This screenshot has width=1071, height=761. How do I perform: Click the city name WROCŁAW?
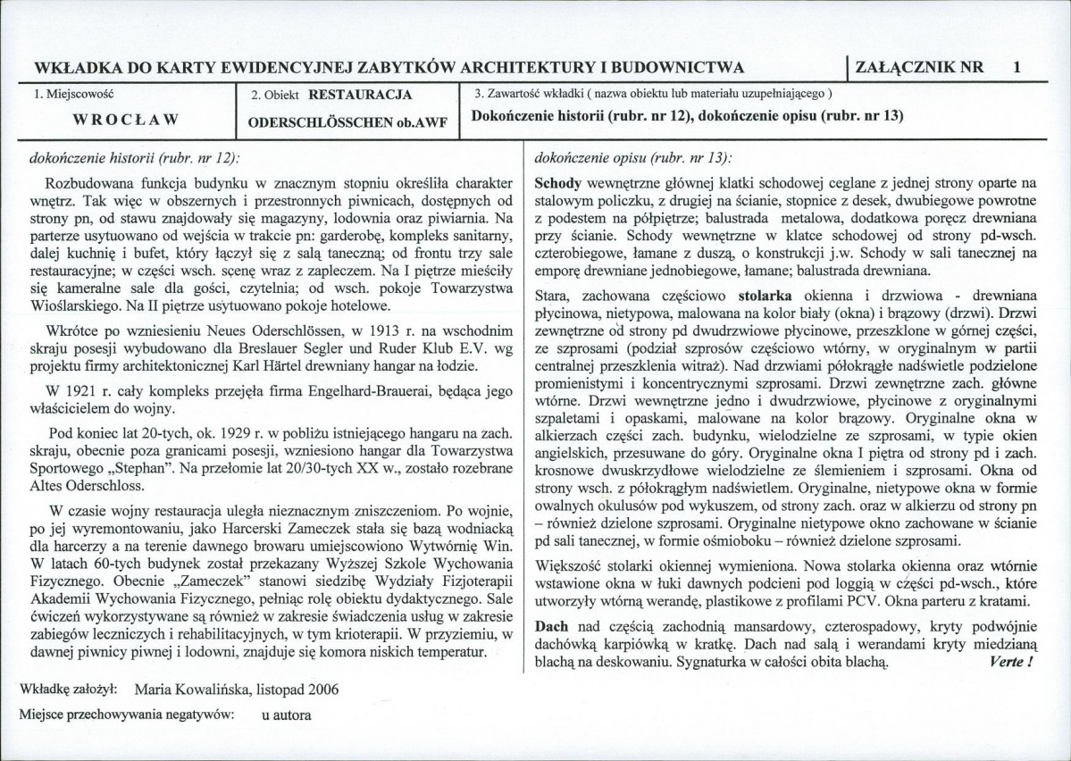click(x=125, y=119)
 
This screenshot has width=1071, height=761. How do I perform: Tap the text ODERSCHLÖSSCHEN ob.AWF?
click(x=352, y=121)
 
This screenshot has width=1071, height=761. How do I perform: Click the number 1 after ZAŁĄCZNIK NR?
click(x=1018, y=66)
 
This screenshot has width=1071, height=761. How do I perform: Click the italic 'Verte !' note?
click(x=1009, y=663)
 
